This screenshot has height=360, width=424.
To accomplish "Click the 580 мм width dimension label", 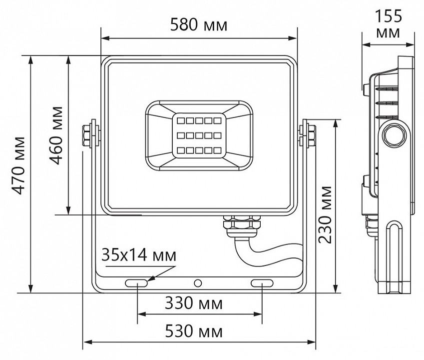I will [198, 24].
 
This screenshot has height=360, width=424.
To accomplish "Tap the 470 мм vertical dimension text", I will [18, 165].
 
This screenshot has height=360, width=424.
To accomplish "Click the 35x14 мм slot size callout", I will [138, 255].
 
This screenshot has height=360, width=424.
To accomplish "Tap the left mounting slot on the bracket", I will [136, 283].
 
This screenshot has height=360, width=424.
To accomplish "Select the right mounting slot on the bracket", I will [262, 283].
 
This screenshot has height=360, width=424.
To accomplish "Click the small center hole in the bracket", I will [199, 283].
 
